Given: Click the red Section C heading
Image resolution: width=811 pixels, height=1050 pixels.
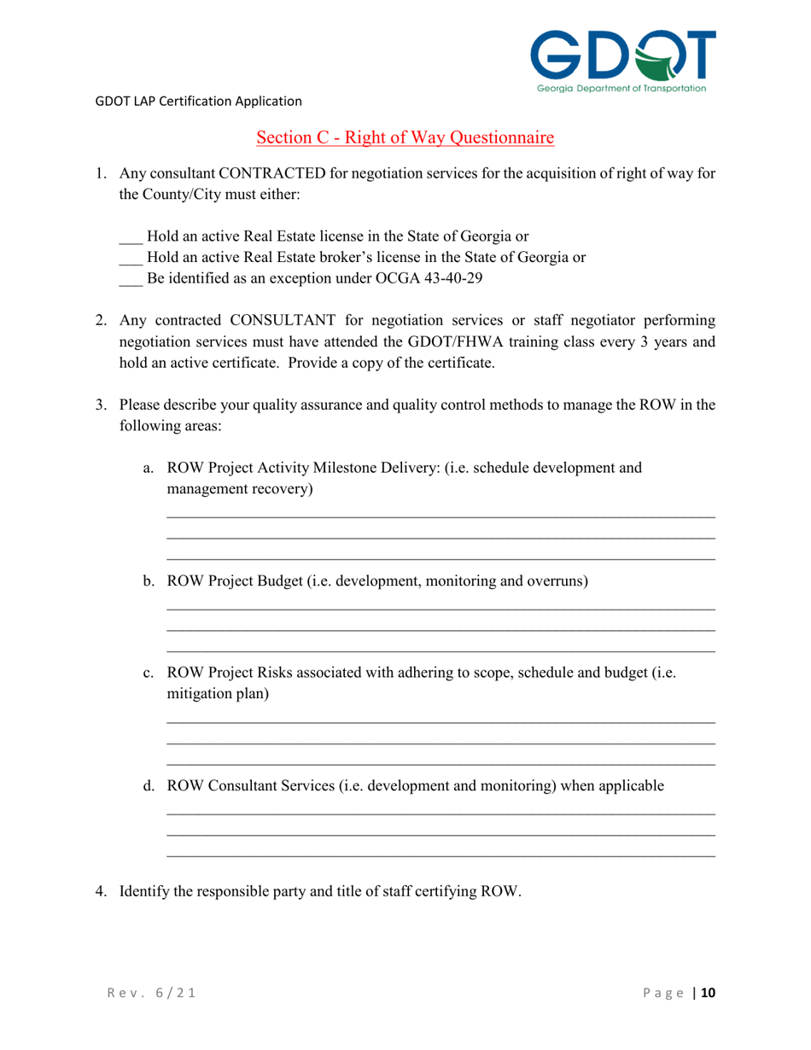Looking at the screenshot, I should pos(405,137).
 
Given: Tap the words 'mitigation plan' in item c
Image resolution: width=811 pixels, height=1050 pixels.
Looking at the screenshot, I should pos(218,694).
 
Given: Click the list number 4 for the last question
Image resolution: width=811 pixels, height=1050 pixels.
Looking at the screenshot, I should pos(100,892).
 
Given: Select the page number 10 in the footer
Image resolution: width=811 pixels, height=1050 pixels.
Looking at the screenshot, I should pos(708,993).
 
